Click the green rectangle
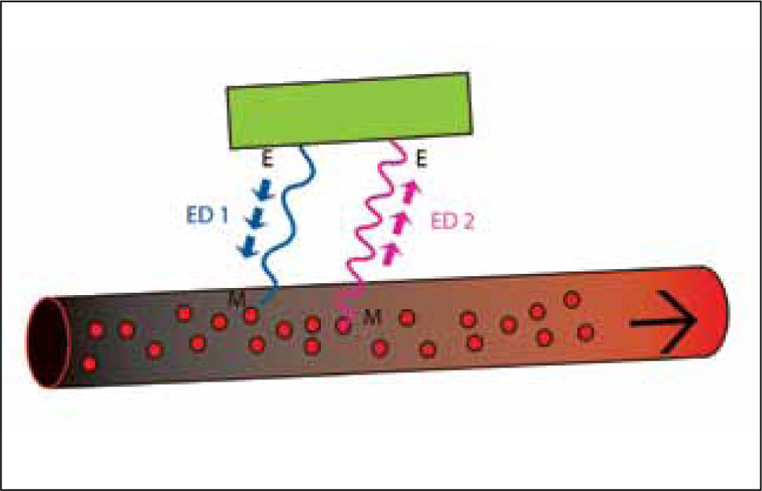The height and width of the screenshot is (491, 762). [348, 109]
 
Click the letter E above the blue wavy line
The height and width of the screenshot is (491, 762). [267, 161]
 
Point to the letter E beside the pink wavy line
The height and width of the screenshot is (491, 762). [421, 161]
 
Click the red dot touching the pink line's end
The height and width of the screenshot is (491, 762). [344, 323]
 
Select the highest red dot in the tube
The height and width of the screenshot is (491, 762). [572, 299]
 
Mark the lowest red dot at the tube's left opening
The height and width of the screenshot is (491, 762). [89, 364]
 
